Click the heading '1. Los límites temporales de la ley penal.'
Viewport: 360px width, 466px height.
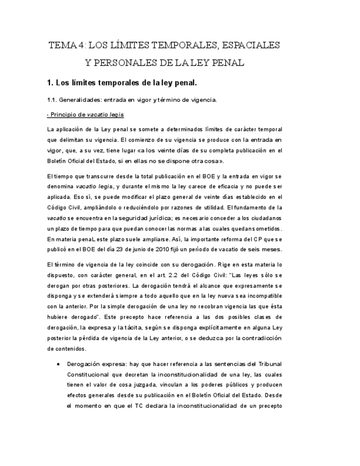(x=122, y=83)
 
